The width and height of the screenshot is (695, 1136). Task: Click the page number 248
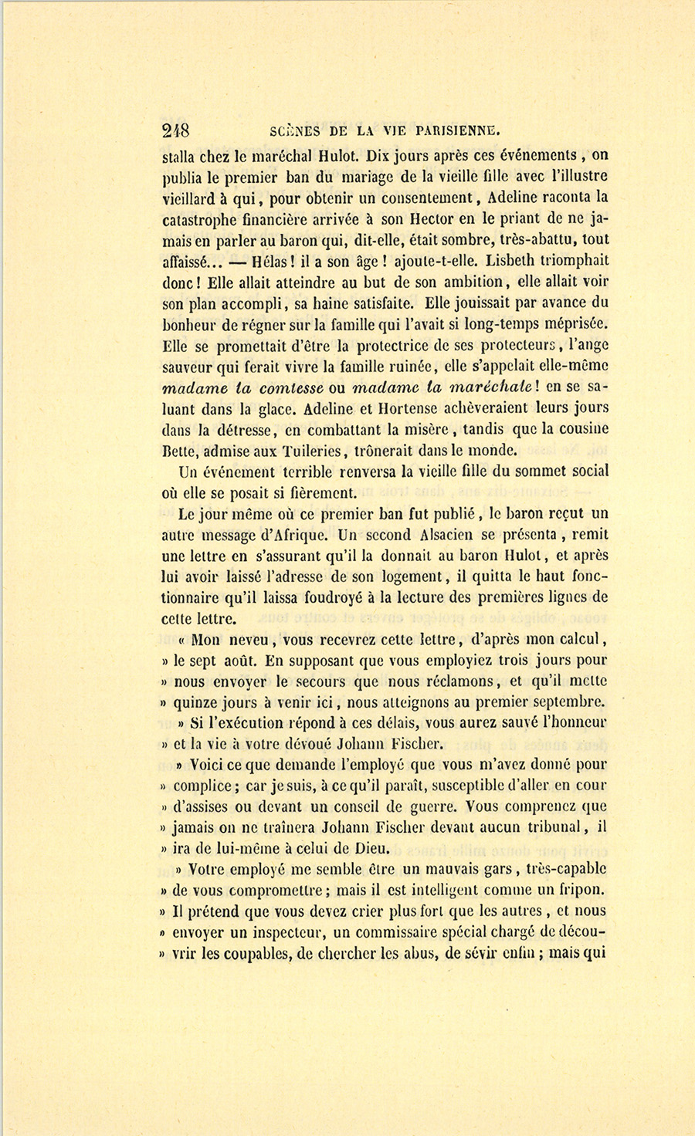(x=177, y=130)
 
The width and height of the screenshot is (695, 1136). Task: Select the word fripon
(x=581, y=890)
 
